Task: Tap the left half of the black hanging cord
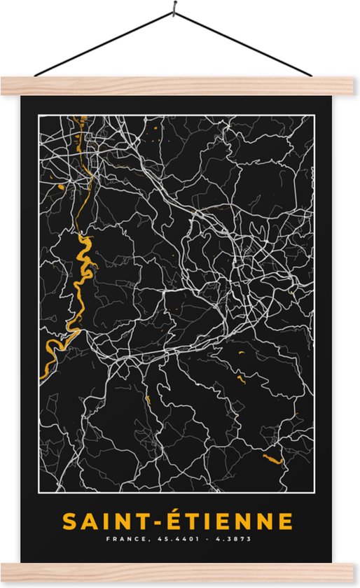tap(105, 43)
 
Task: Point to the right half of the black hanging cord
tap(242, 43)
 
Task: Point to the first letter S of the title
tap(69, 521)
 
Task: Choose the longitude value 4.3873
tap(232, 539)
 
